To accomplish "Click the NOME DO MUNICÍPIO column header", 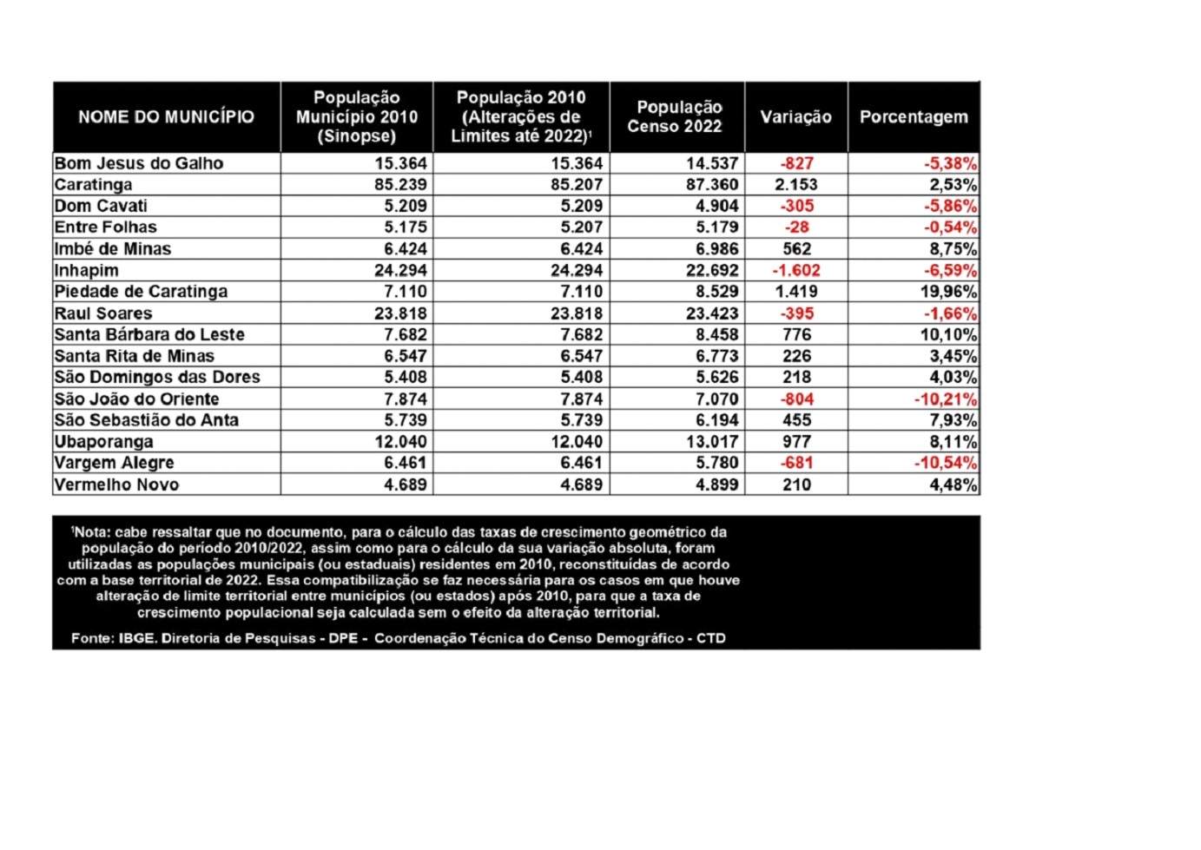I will point(166,117).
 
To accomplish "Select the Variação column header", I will point(795,117).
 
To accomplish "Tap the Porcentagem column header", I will point(913,117).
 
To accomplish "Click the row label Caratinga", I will point(94,185).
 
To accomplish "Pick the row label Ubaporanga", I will point(103,442).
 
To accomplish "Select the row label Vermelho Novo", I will point(116,484).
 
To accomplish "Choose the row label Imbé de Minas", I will point(113,249).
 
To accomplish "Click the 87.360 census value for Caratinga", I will point(712,185).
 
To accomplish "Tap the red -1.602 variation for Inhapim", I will point(796,271).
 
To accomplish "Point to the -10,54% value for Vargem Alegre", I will point(945,463).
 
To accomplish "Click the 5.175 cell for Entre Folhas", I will point(405,227).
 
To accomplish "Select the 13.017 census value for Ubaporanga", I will point(712,442).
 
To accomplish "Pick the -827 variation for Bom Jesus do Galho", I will point(796,163).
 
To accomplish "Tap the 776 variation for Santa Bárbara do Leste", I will point(796,334).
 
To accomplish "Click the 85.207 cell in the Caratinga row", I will point(576,185).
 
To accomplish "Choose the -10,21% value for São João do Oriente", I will point(945,399).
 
